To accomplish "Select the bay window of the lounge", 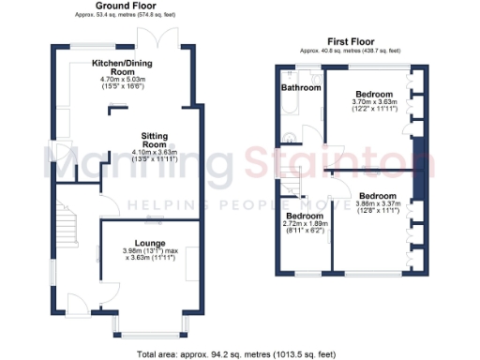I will [150, 324].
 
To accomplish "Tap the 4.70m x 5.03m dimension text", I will [123, 82].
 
